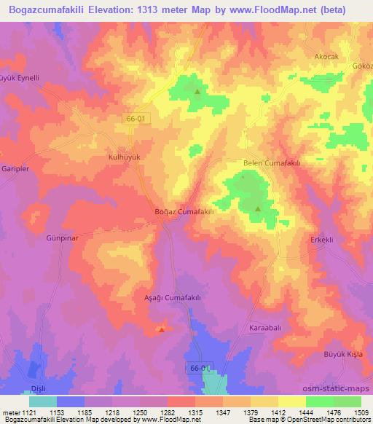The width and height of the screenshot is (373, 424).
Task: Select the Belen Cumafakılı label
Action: (x=271, y=164)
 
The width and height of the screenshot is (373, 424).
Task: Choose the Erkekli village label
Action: (x=321, y=240)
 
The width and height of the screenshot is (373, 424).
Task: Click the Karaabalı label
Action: (x=265, y=327)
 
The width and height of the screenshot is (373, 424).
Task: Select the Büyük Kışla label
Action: (x=343, y=354)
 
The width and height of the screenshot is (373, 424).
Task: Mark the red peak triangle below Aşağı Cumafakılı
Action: (x=162, y=329)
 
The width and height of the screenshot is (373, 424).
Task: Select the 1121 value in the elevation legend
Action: (x=31, y=413)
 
